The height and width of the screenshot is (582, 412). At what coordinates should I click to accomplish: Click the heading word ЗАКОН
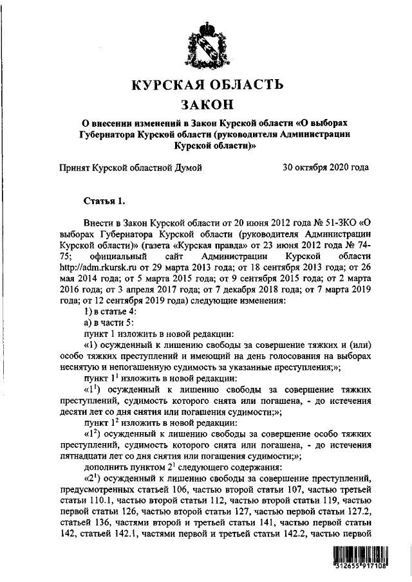(x=206, y=104)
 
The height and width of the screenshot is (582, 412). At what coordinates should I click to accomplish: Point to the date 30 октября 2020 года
(x=326, y=168)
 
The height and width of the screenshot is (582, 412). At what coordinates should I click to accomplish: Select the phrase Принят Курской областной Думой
(x=131, y=168)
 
